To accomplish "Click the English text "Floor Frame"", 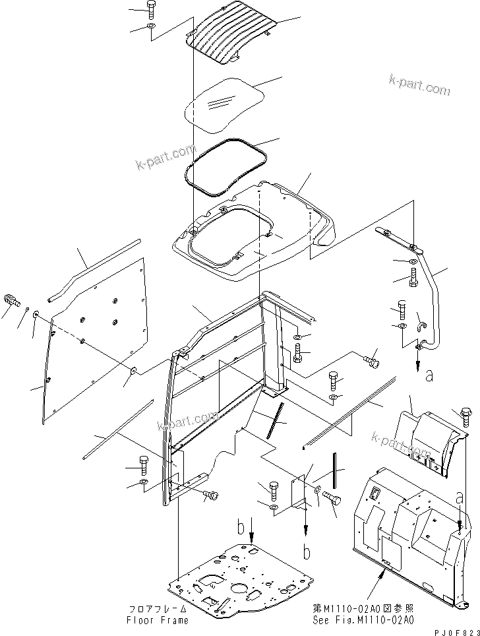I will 158,620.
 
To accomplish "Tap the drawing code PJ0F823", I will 453,631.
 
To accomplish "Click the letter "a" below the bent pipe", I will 430,377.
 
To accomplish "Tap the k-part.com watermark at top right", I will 419,86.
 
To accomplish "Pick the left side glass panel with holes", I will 92,330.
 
